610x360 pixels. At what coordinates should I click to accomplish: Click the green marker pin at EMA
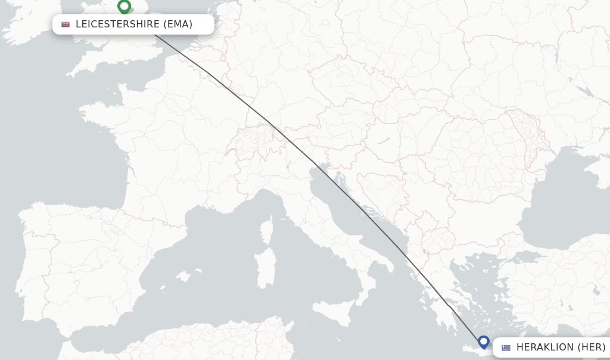(124, 7)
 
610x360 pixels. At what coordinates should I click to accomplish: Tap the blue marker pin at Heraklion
(484, 342)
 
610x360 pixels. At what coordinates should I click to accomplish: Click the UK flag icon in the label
(66, 24)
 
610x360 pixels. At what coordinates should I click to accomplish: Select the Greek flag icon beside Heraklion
(506, 347)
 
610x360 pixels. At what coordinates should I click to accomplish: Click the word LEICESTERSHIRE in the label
(117, 24)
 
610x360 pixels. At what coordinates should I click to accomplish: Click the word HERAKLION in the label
(545, 347)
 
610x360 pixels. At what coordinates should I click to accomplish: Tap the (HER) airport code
(592, 347)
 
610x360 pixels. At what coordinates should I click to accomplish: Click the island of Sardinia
(266, 262)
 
